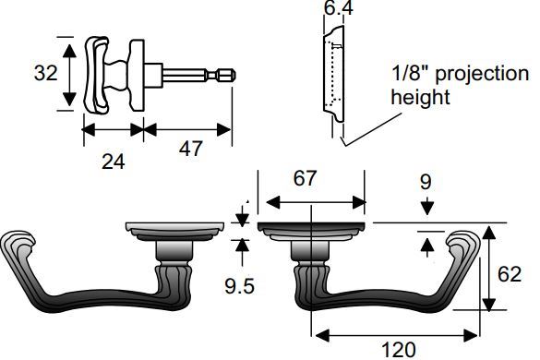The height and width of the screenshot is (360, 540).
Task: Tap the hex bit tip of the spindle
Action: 224,75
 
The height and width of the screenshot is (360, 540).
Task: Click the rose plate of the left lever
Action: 175,228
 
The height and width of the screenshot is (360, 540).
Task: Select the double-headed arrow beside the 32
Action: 66,74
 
